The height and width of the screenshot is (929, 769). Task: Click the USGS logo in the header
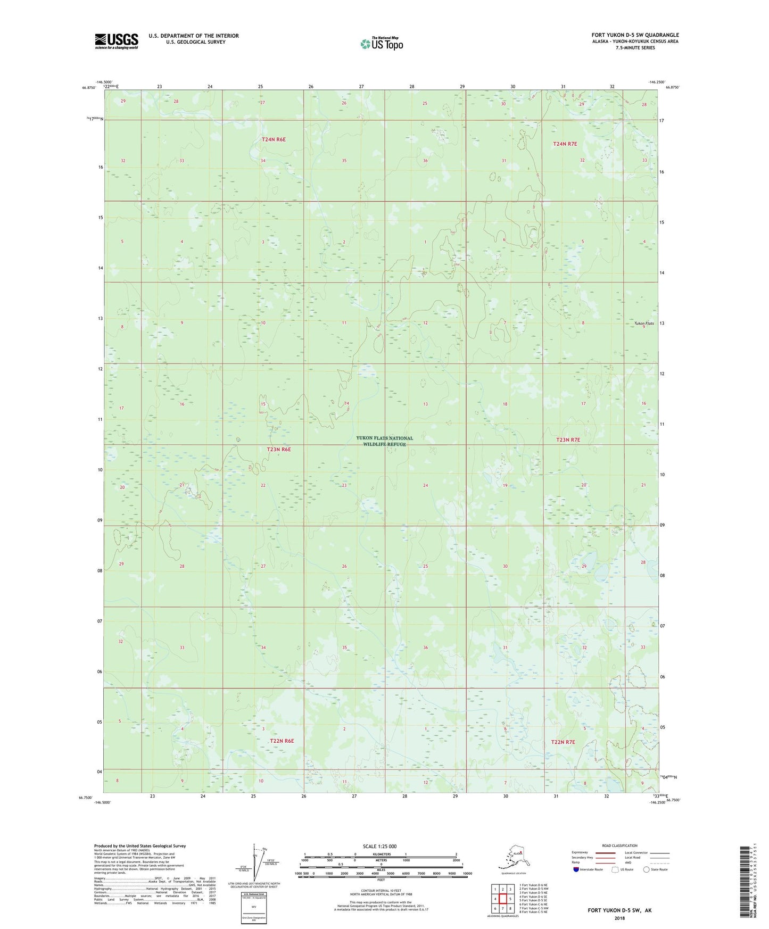[x=117, y=41]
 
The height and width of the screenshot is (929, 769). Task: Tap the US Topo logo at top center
[x=382, y=43]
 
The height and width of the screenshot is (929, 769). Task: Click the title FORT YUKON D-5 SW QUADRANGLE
[x=635, y=35]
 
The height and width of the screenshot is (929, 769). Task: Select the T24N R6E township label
[x=274, y=139]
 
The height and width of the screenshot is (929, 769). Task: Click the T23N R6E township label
[x=279, y=450]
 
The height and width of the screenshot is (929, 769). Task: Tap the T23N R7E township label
[x=568, y=440]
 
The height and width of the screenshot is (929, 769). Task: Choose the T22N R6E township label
[x=282, y=741]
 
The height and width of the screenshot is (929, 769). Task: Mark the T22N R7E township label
[x=563, y=742]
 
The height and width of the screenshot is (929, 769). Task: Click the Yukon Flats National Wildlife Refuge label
[x=384, y=441]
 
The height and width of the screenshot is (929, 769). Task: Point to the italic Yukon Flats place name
[x=643, y=323]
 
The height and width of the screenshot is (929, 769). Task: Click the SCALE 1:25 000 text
[x=379, y=846]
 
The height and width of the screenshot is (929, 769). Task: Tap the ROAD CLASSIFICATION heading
[x=619, y=845]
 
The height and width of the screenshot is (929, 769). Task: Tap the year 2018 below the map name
[x=619, y=918]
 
